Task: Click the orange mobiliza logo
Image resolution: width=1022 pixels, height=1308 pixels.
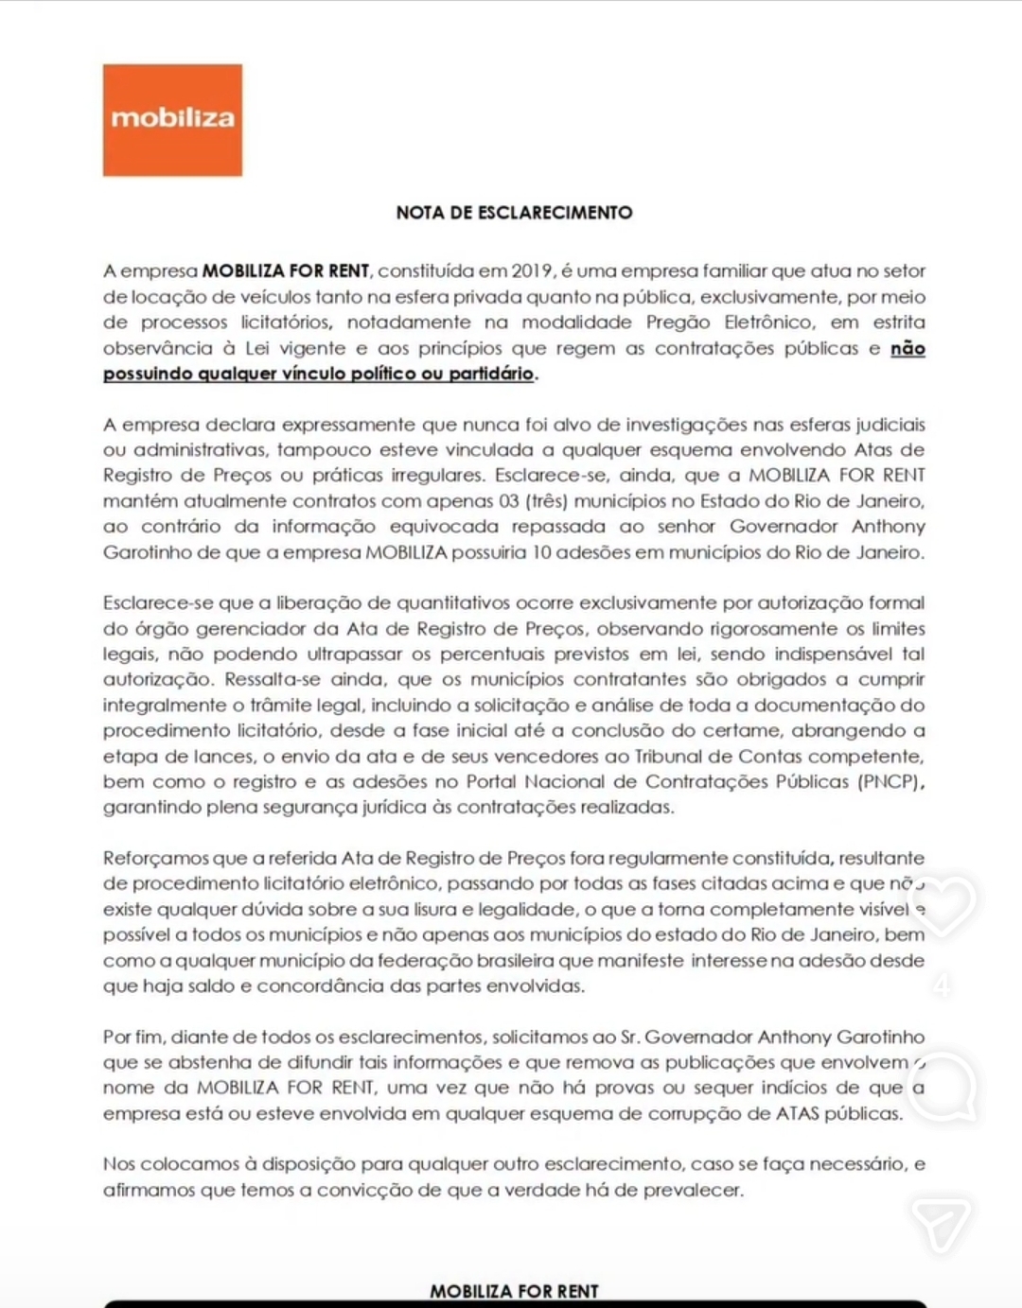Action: point(172,120)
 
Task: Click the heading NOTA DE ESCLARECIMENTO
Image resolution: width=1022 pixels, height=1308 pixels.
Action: point(514,213)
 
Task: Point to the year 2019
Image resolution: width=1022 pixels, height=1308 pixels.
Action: point(533,271)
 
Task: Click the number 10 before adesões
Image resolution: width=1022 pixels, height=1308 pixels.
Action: point(540,552)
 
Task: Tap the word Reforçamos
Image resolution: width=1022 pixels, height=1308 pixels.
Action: point(155,859)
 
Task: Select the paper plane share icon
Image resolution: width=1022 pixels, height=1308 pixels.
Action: point(942,1224)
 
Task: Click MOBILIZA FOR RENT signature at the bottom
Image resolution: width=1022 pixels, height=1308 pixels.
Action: point(514,1291)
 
